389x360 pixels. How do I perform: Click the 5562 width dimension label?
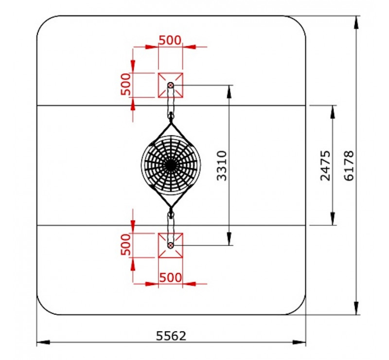coord(171,336)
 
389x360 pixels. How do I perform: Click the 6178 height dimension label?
coord(349,165)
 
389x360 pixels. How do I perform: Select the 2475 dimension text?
coord(325,165)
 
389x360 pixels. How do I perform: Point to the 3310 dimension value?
coord(222,165)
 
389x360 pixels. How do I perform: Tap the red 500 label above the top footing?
coord(170,40)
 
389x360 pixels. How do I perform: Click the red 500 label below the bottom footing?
coord(171,277)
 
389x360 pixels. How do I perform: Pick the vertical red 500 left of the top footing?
coord(125,84)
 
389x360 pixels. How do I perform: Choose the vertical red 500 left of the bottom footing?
coord(125,245)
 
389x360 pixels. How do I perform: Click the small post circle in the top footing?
coord(171,86)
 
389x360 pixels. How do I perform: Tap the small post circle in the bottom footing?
coord(171,246)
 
